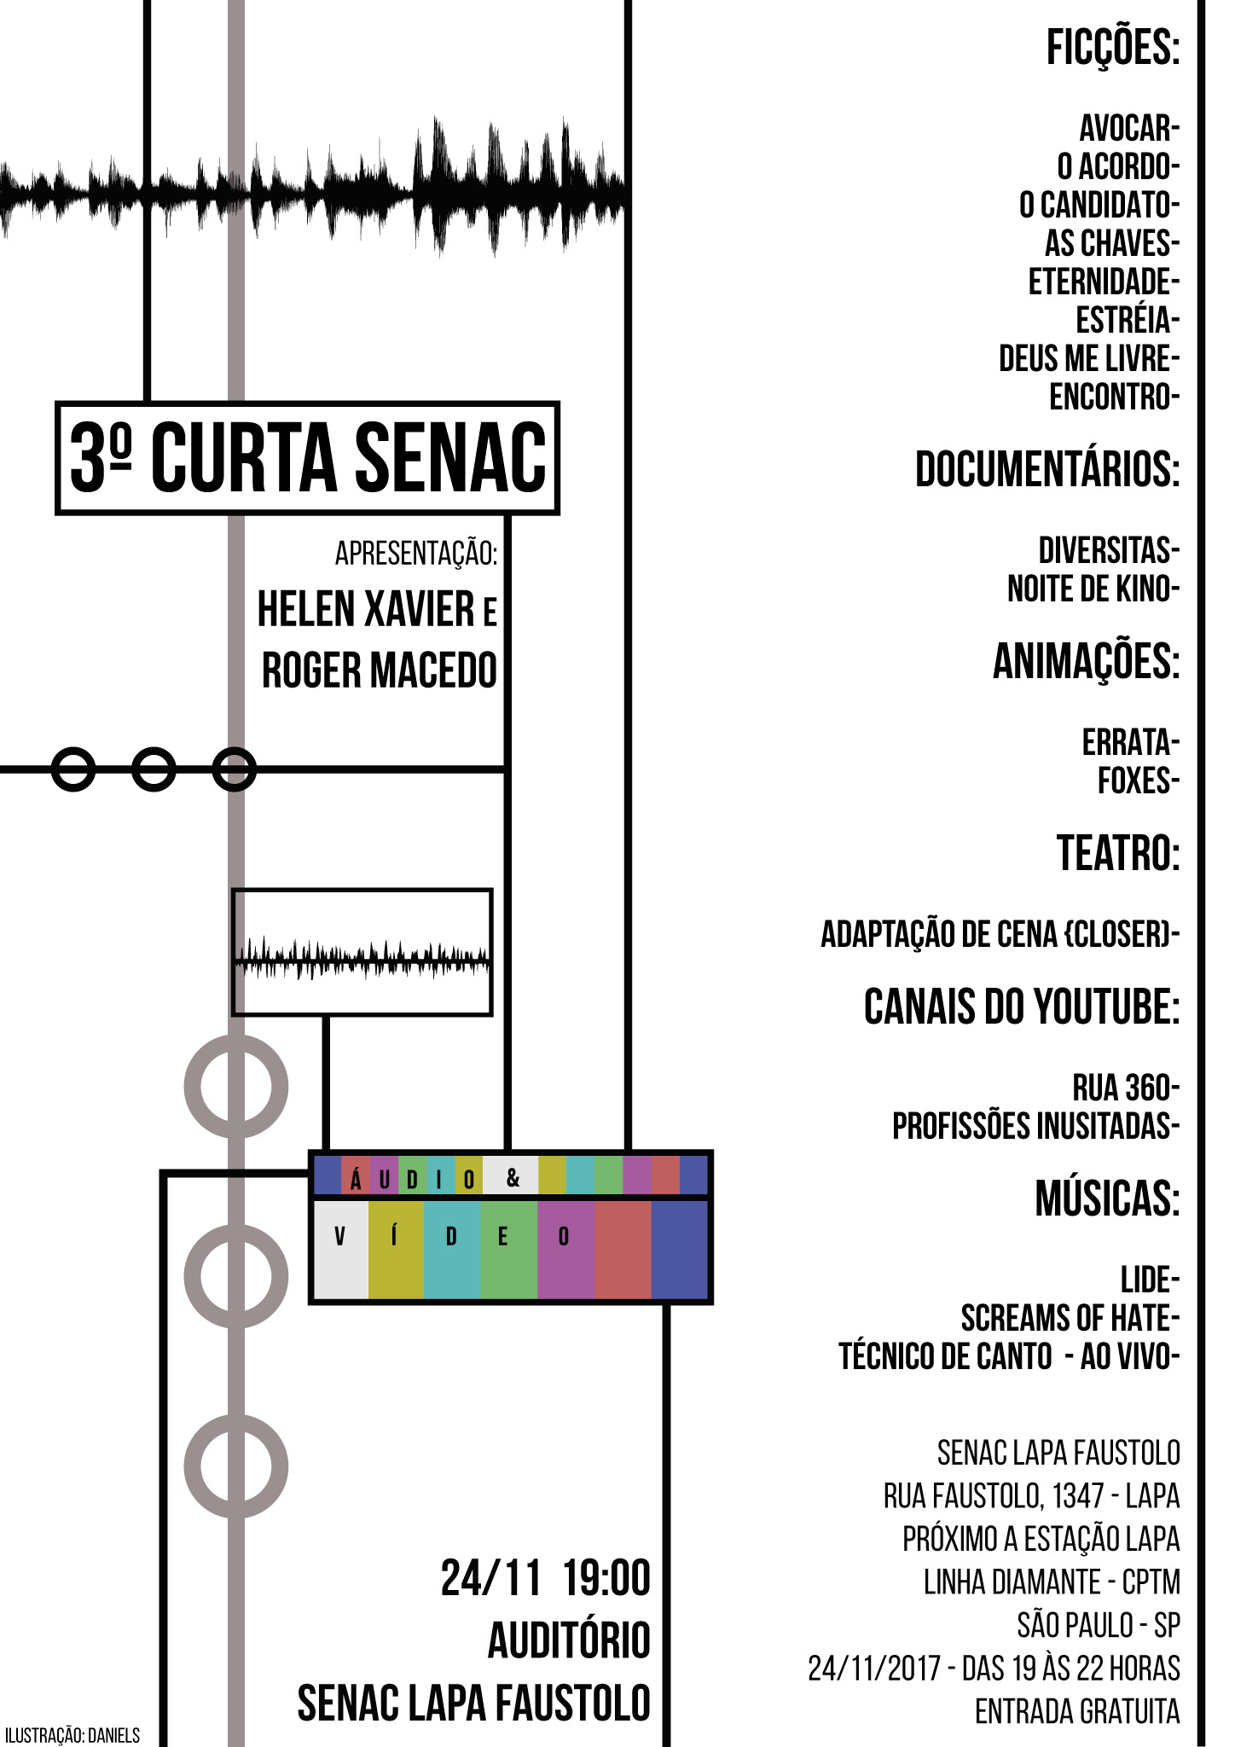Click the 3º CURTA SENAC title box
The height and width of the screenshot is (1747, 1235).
(x=307, y=458)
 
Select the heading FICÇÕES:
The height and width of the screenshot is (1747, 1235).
(x=1112, y=48)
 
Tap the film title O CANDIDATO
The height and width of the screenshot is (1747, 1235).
(x=1099, y=205)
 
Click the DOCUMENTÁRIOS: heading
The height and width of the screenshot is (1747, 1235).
(x=1047, y=468)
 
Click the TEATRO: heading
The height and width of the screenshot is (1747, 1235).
(x=1118, y=853)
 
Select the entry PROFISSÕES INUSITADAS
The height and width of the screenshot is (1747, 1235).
(x=1035, y=1127)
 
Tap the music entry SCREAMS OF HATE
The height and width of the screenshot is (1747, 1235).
(x=1069, y=1319)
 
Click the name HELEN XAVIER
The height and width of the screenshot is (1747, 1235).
(x=366, y=609)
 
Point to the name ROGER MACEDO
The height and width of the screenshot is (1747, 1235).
(x=379, y=670)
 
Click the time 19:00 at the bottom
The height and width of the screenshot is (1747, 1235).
(x=606, y=1578)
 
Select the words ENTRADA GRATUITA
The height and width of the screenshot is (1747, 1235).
(x=1077, y=1711)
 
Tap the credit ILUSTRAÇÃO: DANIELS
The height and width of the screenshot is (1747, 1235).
(x=72, y=1735)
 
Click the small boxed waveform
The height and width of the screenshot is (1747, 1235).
(x=362, y=953)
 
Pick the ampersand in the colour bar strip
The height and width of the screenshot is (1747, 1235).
(x=513, y=1178)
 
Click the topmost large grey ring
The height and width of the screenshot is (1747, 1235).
(x=236, y=1086)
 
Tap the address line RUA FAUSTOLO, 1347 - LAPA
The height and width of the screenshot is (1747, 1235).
(x=1031, y=1495)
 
